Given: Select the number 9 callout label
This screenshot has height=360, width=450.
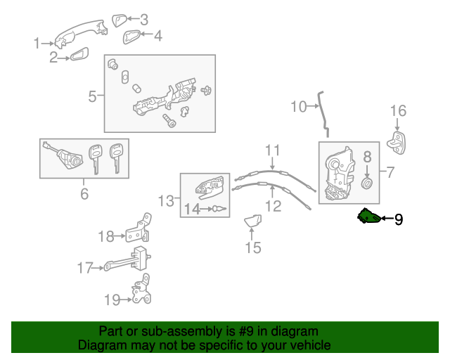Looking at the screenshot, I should pyautogui.click(x=399, y=219).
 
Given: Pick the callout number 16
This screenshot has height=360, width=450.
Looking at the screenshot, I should pyautogui.click(x=398, y=110).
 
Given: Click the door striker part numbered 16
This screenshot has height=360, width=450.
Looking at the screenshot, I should pyautogui.click(x=399, y=141).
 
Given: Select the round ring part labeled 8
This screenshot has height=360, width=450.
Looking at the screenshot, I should pyautogui.click(x=366, y=184).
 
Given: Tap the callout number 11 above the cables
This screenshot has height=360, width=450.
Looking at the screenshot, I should pyautogui.click(x=272, y=150).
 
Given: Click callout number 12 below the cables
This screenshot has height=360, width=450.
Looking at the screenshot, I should pyautogui.click(x=273, y=206).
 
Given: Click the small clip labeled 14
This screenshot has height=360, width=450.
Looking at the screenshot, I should pyautogui.click(x=218, y=209).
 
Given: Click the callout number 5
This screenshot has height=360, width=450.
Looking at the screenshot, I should pyautogui.click(x=92, y=96).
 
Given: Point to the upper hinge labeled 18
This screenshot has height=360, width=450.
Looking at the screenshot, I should pyautogui.click(x=140, y=229).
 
